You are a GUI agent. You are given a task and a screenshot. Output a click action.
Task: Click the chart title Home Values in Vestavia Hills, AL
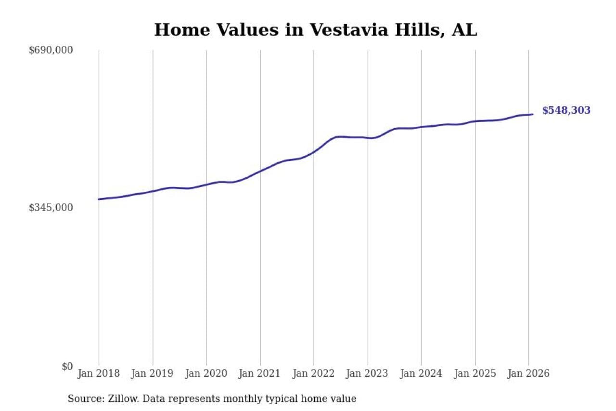pyautogui.click(x=315, y=30)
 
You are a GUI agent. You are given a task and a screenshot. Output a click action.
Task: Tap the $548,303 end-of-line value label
pyautogui.click(x=566, y=110)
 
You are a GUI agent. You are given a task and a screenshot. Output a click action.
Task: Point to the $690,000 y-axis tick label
pyautogui.click(x=51, y=50)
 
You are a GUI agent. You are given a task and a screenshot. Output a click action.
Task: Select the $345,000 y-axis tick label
pyautogui.click(x=51, y=208)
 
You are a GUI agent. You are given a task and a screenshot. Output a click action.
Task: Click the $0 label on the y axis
pyautogui.click(x=67, y=367)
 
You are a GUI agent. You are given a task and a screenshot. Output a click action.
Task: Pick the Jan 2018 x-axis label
pyautogui.click(x=99, y=373)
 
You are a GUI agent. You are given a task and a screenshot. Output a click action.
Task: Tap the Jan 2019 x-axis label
pyautogui.click(x=153, y=373)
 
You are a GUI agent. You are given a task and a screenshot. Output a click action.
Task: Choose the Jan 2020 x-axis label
pyautogui.click(x=206, y=373)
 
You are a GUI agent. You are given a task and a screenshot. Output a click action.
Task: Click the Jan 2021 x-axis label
pyautogui.click(x=260, y=373)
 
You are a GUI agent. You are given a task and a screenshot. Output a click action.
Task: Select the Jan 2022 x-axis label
pyautogui.click(x=314, y=373)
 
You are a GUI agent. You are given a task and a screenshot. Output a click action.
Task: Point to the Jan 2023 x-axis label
pyautogui.click(x=368, y=373)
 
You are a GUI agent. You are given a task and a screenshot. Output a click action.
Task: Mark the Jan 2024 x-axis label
pyautogui.click(x=421, y=373)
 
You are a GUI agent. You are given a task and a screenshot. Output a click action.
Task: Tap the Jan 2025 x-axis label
pyautogui.click(x=475, y=373)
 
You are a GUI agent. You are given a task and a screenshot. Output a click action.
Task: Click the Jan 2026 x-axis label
pyautogui.click(x=528, y=373)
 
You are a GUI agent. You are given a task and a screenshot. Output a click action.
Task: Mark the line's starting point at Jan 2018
pyautogui.click(x=99, y=199)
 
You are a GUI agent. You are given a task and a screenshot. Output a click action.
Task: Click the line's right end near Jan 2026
pyautogui.click(x=532, y=114)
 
